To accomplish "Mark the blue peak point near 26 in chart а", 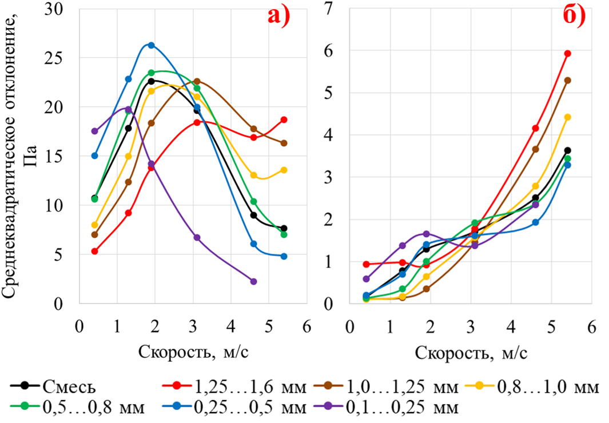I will click(x=151, y=45).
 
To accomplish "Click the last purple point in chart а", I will click(x=253, y=281).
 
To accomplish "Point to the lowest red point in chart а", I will click(x=94, y=252).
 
